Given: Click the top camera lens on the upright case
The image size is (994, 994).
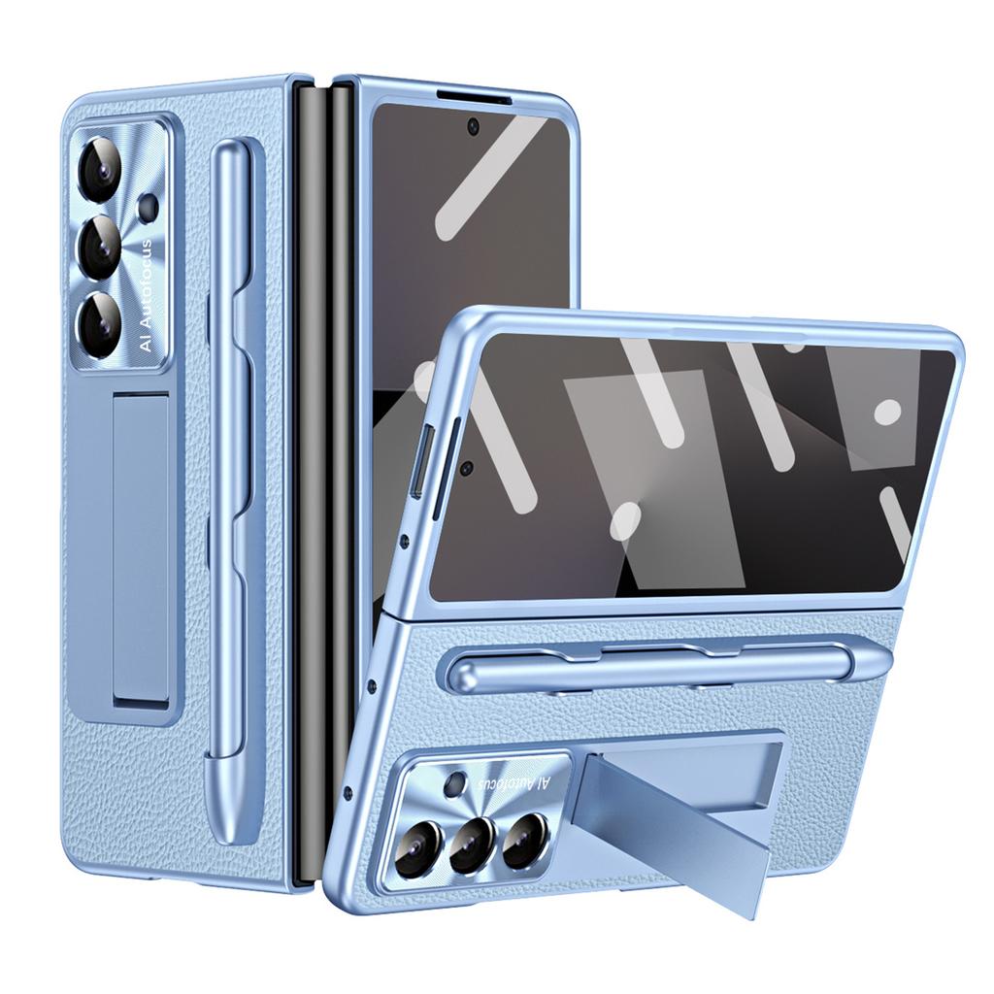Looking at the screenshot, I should tap(102, 168).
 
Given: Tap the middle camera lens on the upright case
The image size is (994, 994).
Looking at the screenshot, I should tap(102, 248).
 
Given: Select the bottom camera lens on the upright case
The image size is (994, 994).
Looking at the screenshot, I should tap(102, 325).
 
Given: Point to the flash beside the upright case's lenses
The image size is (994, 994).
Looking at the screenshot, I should tap(149, 205).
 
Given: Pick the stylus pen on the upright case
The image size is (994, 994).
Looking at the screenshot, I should tap(230, 485).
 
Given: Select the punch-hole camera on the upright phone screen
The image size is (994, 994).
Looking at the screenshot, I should tap(473, 125).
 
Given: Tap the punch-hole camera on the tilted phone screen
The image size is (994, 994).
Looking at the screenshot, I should tap(466, 468).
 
